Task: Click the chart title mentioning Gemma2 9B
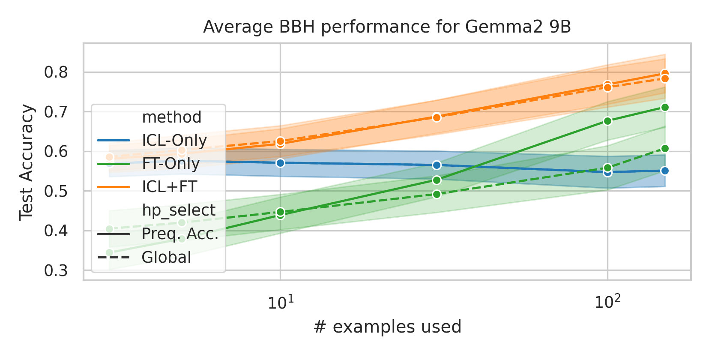[387, 27]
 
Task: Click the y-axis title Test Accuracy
[27, 162]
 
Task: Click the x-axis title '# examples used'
[387, 327]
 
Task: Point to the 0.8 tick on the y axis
[56, 72]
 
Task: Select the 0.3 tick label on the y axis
[56, 270]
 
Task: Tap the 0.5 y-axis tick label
[56, 191]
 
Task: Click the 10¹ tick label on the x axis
[281, 303]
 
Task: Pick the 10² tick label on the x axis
[607, 303]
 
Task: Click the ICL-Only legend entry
[174, 140]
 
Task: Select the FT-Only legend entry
[171, 163]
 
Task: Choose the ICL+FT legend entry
[169, 187]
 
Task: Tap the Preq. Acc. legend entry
[180, 234]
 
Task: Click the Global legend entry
[166, 257]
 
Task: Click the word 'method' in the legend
[171, 117]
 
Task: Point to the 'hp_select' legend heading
[179, 210]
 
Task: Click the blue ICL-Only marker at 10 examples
[280, 163]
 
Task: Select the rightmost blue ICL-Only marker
[665, 171]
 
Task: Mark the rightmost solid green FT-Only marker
[665, 108]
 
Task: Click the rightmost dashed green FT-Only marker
[665, 149]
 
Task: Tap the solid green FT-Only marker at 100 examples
[607, 121]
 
